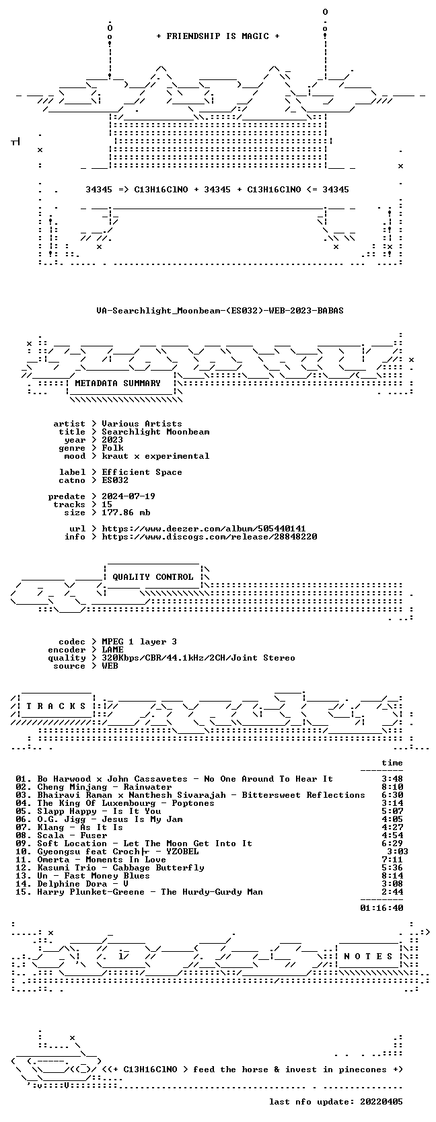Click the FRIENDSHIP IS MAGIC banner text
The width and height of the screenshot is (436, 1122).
(218, 36)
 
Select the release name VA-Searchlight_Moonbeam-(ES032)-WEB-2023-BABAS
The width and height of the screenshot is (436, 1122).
(220, 311)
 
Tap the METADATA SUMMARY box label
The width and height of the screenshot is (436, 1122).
(118, 383)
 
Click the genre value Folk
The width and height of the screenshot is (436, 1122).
(113, 448)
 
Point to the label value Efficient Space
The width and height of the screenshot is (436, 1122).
(142, 472)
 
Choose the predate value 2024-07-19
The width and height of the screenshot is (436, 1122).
(129, 496)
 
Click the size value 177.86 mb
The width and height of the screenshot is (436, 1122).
(126, 513)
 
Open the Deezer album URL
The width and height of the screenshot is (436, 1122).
(204, 529)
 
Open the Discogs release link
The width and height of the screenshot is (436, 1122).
(209, 537)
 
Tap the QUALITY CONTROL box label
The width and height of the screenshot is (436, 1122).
(153, 577)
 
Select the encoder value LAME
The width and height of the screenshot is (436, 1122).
(112, 650)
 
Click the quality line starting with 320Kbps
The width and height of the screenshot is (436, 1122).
(198, 658)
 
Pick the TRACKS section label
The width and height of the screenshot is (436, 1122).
(56, 706)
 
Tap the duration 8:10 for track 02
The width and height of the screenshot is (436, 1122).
(392, 787)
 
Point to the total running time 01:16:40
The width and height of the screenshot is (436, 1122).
(381, 907)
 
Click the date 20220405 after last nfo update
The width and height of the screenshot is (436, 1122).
(381, 1101)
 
